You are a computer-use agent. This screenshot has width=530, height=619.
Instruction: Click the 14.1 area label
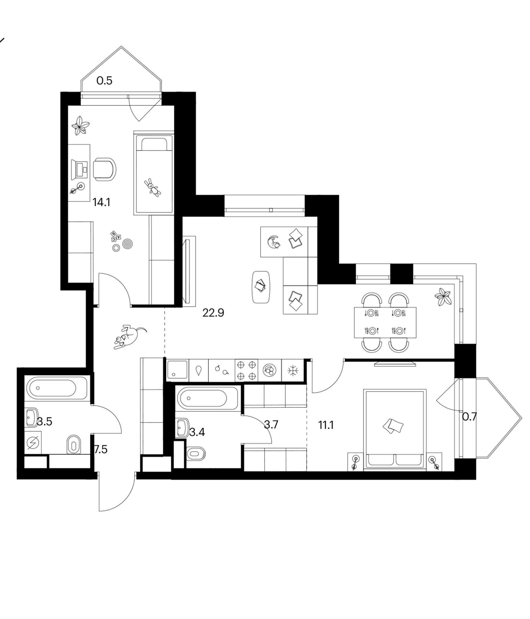tap(102, 203)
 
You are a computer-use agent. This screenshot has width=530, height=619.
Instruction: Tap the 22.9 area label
tap(213, 313)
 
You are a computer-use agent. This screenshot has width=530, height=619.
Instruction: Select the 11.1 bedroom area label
tap(326, 425)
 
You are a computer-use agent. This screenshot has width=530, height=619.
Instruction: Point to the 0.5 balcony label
tap(105, 81)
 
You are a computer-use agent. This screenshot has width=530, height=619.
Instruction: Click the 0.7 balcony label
tap(469, 416)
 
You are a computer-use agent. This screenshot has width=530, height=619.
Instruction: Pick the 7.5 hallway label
tap(101, 449)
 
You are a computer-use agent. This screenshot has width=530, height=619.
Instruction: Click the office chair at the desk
tap(105, 169)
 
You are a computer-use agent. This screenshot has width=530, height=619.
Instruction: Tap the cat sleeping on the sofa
tap(274, 242)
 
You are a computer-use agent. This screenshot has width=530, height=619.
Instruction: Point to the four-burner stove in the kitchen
tap(247, 371)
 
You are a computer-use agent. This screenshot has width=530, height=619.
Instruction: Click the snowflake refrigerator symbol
tap(293, 371)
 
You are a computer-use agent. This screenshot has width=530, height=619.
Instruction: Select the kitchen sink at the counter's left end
tap(178, 371)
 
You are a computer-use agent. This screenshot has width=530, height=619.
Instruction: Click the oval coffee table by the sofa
tap(262, 287)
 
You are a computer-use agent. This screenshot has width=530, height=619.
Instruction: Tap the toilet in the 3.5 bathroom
tap(74, 444)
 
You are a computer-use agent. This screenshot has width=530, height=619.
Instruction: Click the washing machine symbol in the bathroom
tap(32, 443)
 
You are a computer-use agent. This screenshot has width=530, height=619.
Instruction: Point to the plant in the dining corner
tap(443, 296)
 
